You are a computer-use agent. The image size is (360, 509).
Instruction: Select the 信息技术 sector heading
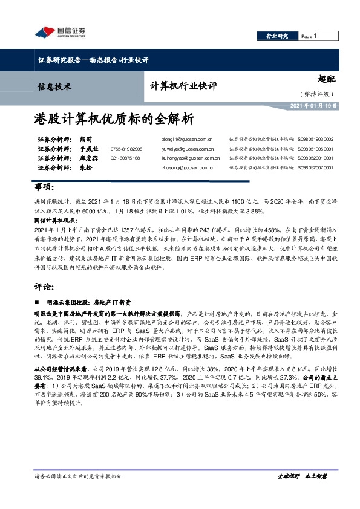[x=54, y=86]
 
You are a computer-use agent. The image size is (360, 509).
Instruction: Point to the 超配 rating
[x=327, y=79]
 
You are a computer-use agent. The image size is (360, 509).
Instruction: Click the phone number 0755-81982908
[x=126, y=149]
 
